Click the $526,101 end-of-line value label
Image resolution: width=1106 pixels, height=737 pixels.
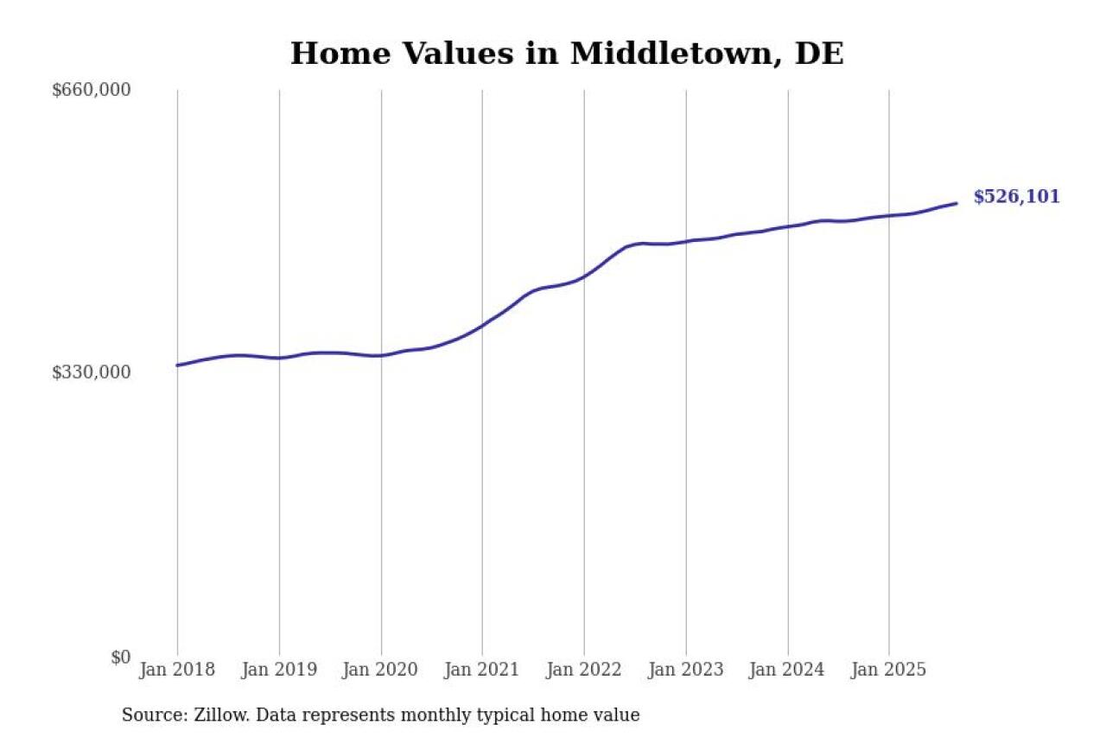[1016, 197]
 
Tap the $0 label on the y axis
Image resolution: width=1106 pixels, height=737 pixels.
[120, 658]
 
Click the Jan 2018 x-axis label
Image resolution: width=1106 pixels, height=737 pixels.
[177, 670]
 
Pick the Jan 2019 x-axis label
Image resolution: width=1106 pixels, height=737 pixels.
[279, 670]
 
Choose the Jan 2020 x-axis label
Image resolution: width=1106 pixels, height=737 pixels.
[381, 670]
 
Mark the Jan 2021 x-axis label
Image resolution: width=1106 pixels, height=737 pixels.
[482, 670]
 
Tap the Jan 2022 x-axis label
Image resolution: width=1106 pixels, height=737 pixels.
[584, 670]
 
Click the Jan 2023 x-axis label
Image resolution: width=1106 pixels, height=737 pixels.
[686, 670]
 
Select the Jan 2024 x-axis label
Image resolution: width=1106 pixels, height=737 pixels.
[787, 670]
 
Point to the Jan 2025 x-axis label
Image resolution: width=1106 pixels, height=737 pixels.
[889, 670]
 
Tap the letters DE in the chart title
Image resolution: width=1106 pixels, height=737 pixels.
[819, 54]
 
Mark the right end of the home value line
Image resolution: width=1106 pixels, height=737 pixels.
[957, 203]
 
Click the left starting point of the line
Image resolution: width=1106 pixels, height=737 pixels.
[177, 365]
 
